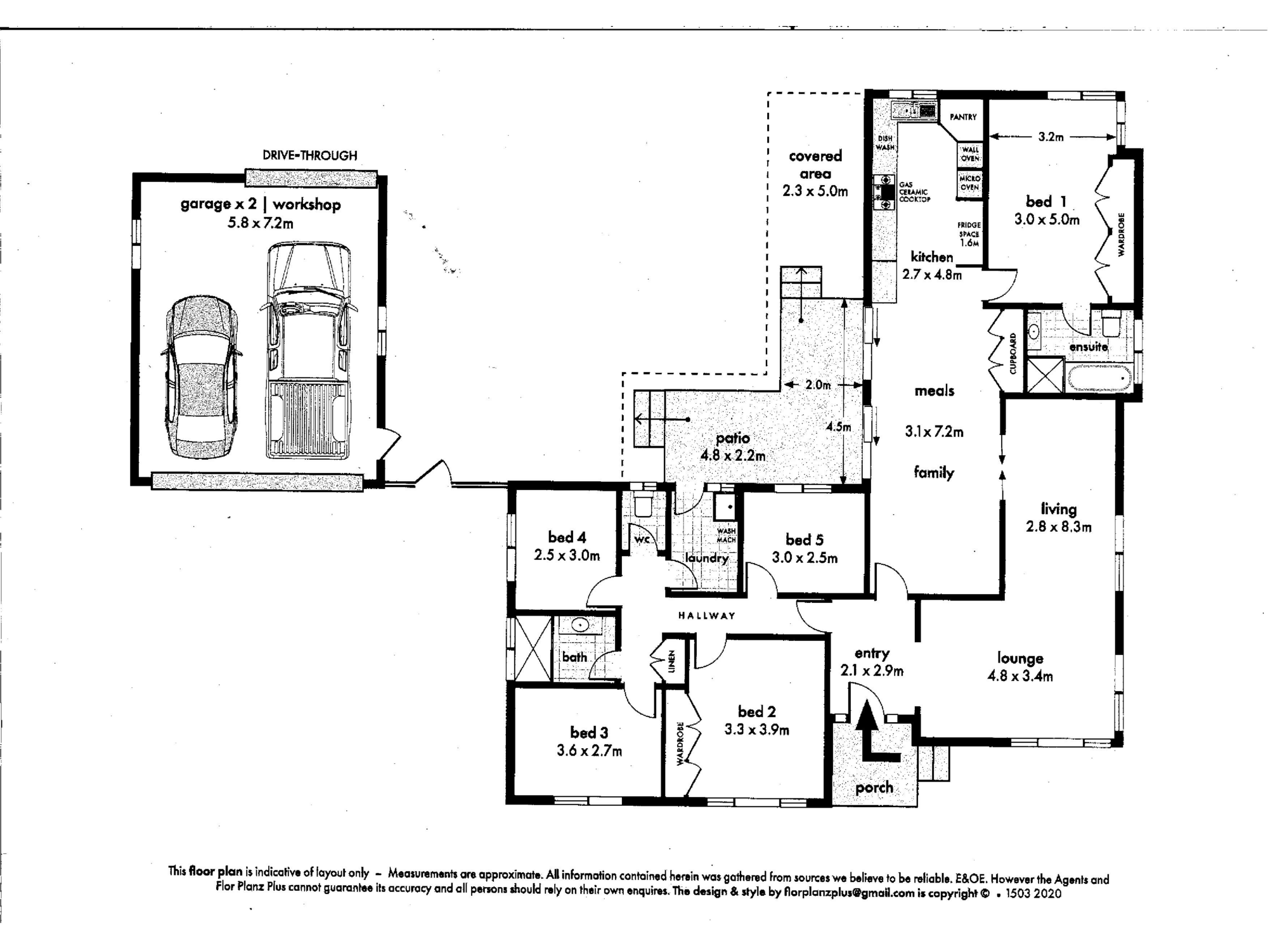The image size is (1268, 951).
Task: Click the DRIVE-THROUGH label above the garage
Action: (x=309, y=155)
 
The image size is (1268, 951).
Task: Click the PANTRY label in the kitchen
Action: (x=963, y=117)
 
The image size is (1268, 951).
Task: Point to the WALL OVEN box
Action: (x=970, y=153)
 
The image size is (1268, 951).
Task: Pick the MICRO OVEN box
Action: (x=969, y=183)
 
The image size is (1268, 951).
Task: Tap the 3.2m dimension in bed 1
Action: (x=1051, y=136)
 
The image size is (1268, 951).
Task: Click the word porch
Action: (x=874, y=787)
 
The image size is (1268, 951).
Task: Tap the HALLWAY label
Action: (x=706, y=616)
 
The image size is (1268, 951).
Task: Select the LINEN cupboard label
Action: (x=672, y=662)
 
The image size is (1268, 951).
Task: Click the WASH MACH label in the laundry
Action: (x=726, y=535)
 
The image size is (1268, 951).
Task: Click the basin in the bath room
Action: (x=580, y=626)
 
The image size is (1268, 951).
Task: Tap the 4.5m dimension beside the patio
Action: (x=838, y=427)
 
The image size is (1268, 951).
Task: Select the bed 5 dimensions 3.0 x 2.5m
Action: (x=805, y=558)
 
